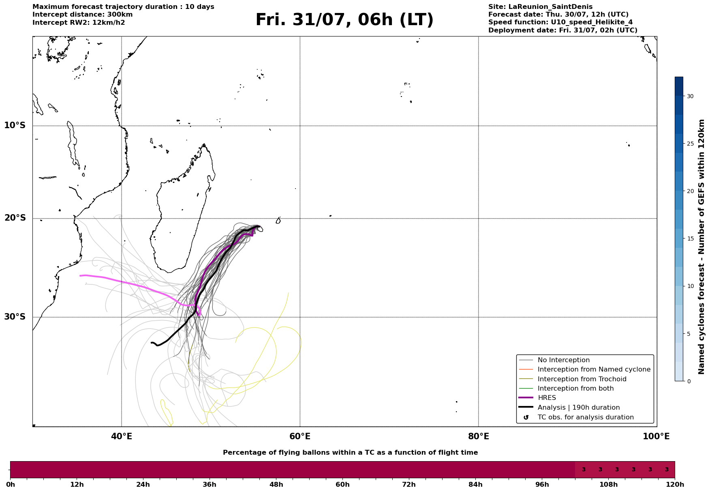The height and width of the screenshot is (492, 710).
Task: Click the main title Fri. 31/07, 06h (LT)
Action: coord(344,20)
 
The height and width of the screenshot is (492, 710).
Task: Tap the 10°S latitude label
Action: coord(15,125)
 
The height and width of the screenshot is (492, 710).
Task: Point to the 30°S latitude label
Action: coord(15,317)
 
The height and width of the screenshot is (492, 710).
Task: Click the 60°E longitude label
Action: coord(300,436)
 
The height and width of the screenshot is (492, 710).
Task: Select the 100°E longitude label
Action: coord(657,436)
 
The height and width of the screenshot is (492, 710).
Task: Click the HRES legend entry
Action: coord(547,398)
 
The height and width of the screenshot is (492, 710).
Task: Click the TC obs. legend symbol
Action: coord(526,417)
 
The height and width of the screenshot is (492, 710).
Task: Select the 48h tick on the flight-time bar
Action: coord(276,485)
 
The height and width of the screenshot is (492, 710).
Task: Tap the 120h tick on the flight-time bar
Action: coord(675,485)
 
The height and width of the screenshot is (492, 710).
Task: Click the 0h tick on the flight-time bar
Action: coord(10,485)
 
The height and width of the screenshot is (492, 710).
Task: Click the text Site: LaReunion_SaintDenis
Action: coord(540,7)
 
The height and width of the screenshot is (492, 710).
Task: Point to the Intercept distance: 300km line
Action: coord(83,15)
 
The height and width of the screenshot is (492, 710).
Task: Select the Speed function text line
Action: coord(560,22)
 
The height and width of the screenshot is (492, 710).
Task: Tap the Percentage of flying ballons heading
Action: coord(350,453)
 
